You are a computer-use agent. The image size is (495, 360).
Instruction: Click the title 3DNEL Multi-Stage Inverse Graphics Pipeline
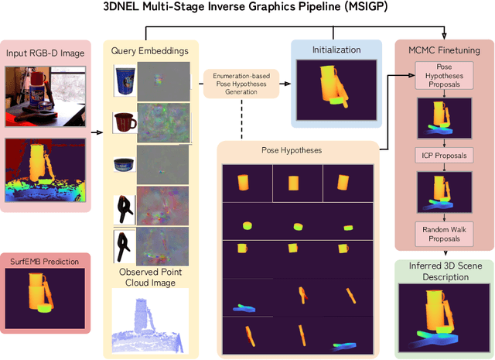pyautogui.click(x=247, y=8)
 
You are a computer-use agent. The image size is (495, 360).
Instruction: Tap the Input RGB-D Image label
pyautogui.click(x=48, y=53)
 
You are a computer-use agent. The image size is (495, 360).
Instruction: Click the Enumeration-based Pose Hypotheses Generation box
pyautogui.click(x=241, y=82)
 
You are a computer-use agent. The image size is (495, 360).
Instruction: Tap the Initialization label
pyautogui.click(x=336, y=50)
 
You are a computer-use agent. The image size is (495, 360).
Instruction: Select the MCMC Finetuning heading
pyautogui.click(x=443, y=50)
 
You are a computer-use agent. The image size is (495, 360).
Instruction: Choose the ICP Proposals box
pyautogui.click(x=443, y=156)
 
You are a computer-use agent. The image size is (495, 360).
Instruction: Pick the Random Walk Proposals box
pyautogui.click(x=442, y=233)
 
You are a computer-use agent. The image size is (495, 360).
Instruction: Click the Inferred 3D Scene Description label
pyautogui.click(x=443, y=271)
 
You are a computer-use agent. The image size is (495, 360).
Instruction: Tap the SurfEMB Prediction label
pyautogui.click(x=45, y=262)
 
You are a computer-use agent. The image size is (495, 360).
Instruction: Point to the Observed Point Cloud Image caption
pyautogui.click(x=153, y=277)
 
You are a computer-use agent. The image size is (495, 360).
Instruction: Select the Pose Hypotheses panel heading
pyautogui.click(x=299, y=150)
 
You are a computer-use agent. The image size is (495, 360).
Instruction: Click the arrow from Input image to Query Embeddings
pyautogui.click(x=97, y=132)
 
